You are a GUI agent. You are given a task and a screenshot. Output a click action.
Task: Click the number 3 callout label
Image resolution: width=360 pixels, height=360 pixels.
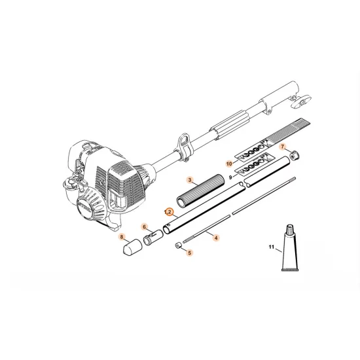click(x=189, y=179)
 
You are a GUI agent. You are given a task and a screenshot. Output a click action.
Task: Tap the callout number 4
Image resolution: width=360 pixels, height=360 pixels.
click(x=216, y=238)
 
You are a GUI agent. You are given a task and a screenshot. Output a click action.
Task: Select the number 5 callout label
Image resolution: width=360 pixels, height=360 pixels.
click(x=189, y=253)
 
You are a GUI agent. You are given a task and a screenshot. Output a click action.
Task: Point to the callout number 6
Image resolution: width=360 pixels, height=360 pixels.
click(x=145, y=227)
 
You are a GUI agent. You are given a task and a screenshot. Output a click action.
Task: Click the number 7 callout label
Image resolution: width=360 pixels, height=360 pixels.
click(x=284, y=149)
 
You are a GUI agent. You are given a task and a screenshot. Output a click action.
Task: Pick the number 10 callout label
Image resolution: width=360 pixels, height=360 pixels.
click(x=230, y=162)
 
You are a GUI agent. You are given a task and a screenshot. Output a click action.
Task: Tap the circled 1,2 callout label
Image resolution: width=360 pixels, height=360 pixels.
click(x=169, y=213)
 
